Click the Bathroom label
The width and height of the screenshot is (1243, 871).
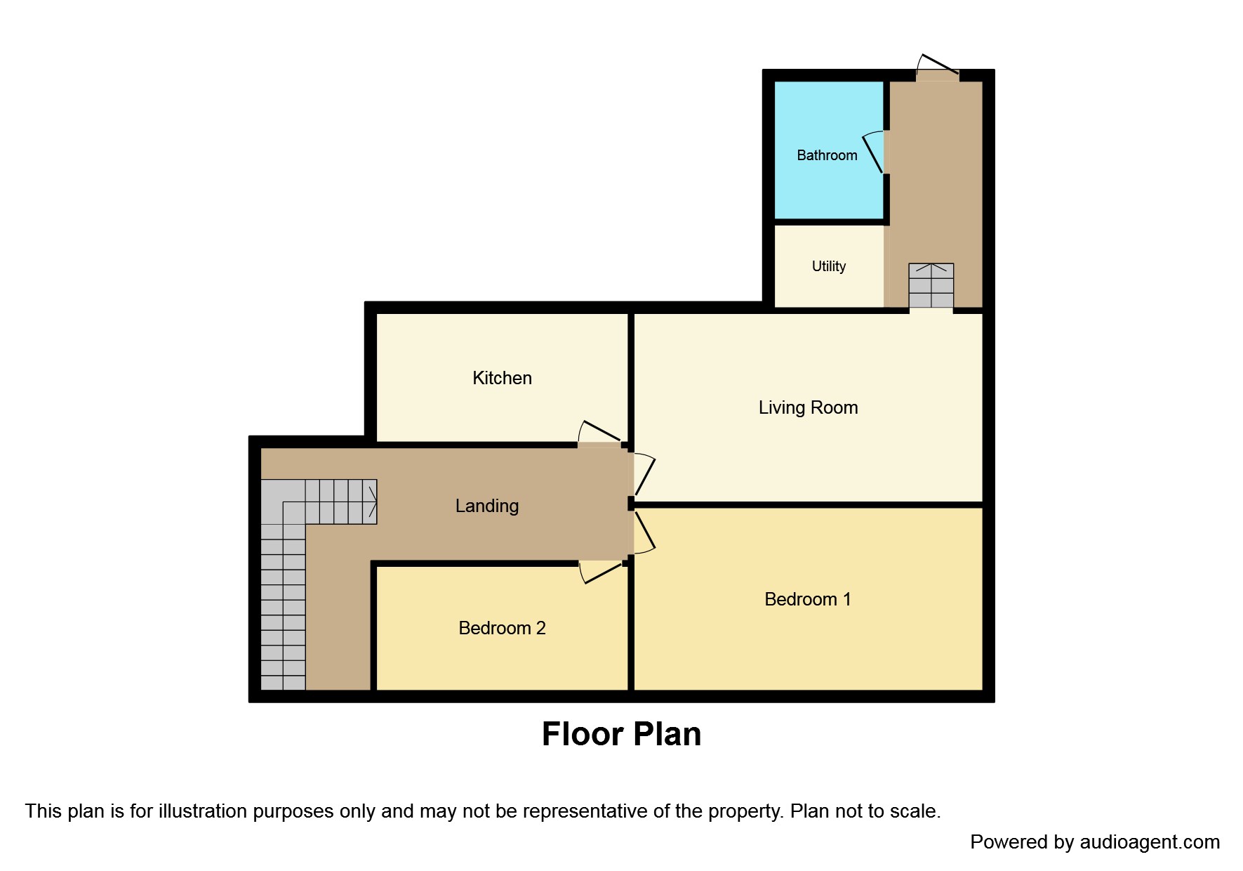tap(827, 155)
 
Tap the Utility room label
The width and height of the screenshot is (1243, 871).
tap(828, 266)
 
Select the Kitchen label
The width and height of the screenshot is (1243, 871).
tap(502, 378)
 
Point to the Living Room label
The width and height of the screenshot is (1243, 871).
tap(808, 407)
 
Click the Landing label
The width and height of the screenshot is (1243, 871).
tap(487, 506)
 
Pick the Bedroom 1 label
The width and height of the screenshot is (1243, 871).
tap(807, 599)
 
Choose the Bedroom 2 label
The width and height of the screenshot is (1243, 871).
tap(502, 628)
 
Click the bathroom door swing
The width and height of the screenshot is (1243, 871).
tap(874, 152)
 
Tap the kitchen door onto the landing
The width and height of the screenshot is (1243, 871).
tap(599, 434)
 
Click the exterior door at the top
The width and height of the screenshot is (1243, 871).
tap(938, 66)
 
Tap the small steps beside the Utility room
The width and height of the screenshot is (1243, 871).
tap(931, 286)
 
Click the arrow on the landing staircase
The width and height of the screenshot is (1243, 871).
tap(371, 502)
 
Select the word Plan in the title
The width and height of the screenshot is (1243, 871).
tap(666, 734)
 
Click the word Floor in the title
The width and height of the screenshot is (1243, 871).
tap(583, 734)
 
